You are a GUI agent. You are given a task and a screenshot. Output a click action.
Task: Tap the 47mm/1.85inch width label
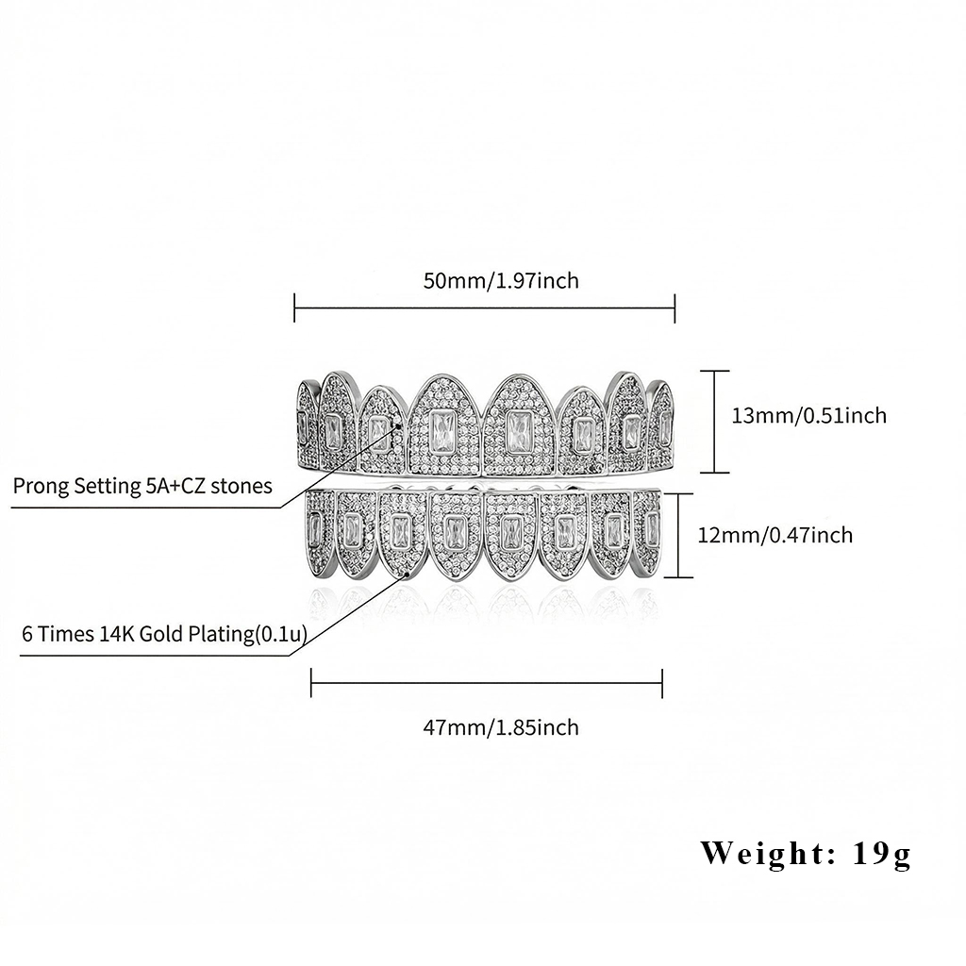(x=500, y=727)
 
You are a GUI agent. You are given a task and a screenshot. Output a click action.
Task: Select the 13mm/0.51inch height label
(x=809, y=415)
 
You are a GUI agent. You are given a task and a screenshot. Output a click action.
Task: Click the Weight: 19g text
(x=806, y=854)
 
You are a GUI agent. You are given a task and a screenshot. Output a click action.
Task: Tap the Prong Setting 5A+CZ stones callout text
(x=142, y=486)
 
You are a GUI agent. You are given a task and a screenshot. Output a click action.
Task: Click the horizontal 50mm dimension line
(x=485, y=307)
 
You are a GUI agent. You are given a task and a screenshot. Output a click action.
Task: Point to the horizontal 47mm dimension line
(x=487, y=683)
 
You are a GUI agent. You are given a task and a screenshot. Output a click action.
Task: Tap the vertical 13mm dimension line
(x=714, y=421)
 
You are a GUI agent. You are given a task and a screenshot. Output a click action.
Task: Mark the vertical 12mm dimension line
(x=691, y=536)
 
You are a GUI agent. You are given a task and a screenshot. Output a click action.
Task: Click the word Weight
(x=762, y=854)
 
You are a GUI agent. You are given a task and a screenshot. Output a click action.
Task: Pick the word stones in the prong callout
(x=241, y=486)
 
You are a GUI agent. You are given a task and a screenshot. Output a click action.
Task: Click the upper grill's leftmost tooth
(x=306, y=425)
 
